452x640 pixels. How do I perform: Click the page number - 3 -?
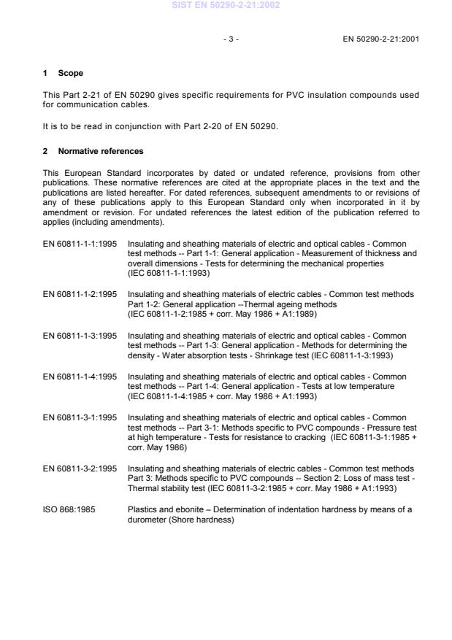point(231,37)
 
